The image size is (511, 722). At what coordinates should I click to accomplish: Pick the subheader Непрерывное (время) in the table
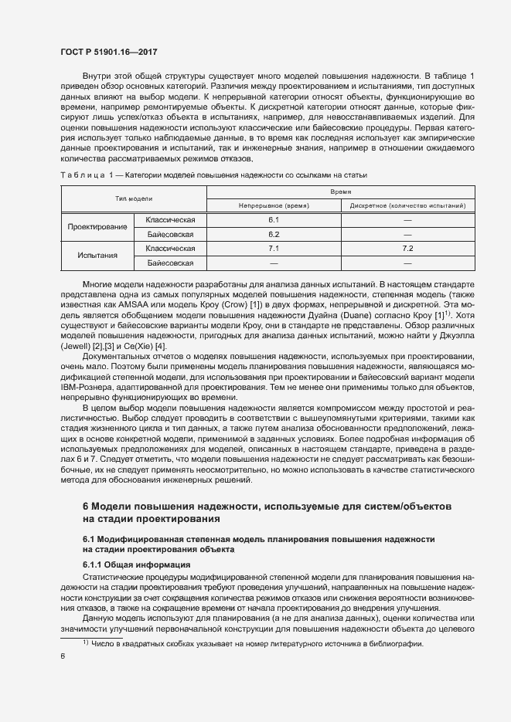pos(273,206)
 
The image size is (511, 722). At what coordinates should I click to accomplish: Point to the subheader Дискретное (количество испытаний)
pos(407,206)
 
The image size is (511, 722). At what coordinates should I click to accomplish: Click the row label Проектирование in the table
pos(97,227)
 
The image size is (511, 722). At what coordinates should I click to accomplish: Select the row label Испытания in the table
pos(97,256)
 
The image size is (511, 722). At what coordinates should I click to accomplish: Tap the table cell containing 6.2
pos(273,234)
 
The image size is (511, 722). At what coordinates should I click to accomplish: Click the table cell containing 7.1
pos(273,249)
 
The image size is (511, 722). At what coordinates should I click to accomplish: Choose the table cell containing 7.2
pos(407,249)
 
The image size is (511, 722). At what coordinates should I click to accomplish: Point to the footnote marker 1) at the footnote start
pos(87,643)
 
